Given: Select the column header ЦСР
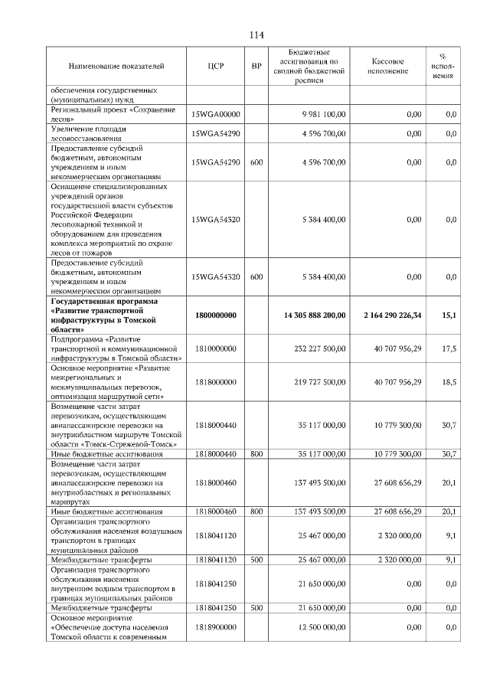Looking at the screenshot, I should coord(216,67).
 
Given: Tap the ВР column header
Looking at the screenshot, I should coord(256,67).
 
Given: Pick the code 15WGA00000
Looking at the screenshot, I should coord(216,114).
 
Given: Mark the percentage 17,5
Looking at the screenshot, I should coord(449,348).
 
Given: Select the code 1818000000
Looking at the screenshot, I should coord(216,381).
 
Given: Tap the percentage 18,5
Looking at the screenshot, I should coord(449,381).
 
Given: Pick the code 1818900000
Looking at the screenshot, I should coord(216,628).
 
